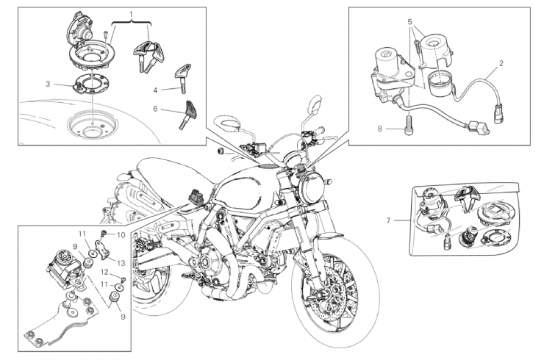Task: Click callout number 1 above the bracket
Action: point(132,14)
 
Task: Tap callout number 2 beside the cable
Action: point(501,63)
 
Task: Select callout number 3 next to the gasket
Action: point(47,84)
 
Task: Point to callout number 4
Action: point(155,90)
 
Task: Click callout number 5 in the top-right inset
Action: point(410,22)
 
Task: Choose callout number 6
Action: point(155,109)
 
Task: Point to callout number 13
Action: point(122,262)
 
